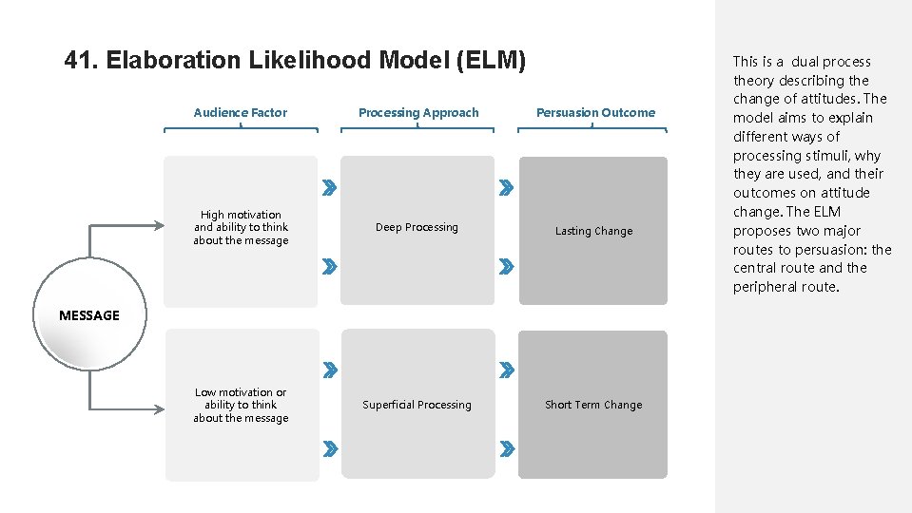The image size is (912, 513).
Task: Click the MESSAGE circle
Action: pos(89,315)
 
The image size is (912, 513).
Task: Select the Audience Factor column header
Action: pos(240,112)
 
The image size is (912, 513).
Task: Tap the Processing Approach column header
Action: pos(418,112)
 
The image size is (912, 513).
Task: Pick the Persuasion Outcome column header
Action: pos(595,112)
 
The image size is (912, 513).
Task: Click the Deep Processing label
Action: pos(417,227)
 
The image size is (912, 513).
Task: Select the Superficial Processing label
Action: pos(417,405)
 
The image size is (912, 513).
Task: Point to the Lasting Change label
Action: pos(593,231)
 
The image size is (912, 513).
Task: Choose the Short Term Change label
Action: pos(593,405)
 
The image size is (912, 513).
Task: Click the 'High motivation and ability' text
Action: pos(241,227)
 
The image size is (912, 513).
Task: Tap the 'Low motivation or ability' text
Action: pos(241,405)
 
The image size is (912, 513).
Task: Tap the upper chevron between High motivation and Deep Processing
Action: pos(328,188)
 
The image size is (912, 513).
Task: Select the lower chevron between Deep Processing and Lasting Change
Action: pos(507,266)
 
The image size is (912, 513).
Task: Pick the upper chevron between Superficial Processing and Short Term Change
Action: pos(507,369)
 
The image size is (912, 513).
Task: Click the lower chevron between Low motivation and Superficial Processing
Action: pos(328,446)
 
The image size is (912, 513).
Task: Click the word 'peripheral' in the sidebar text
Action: pos(766,287)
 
